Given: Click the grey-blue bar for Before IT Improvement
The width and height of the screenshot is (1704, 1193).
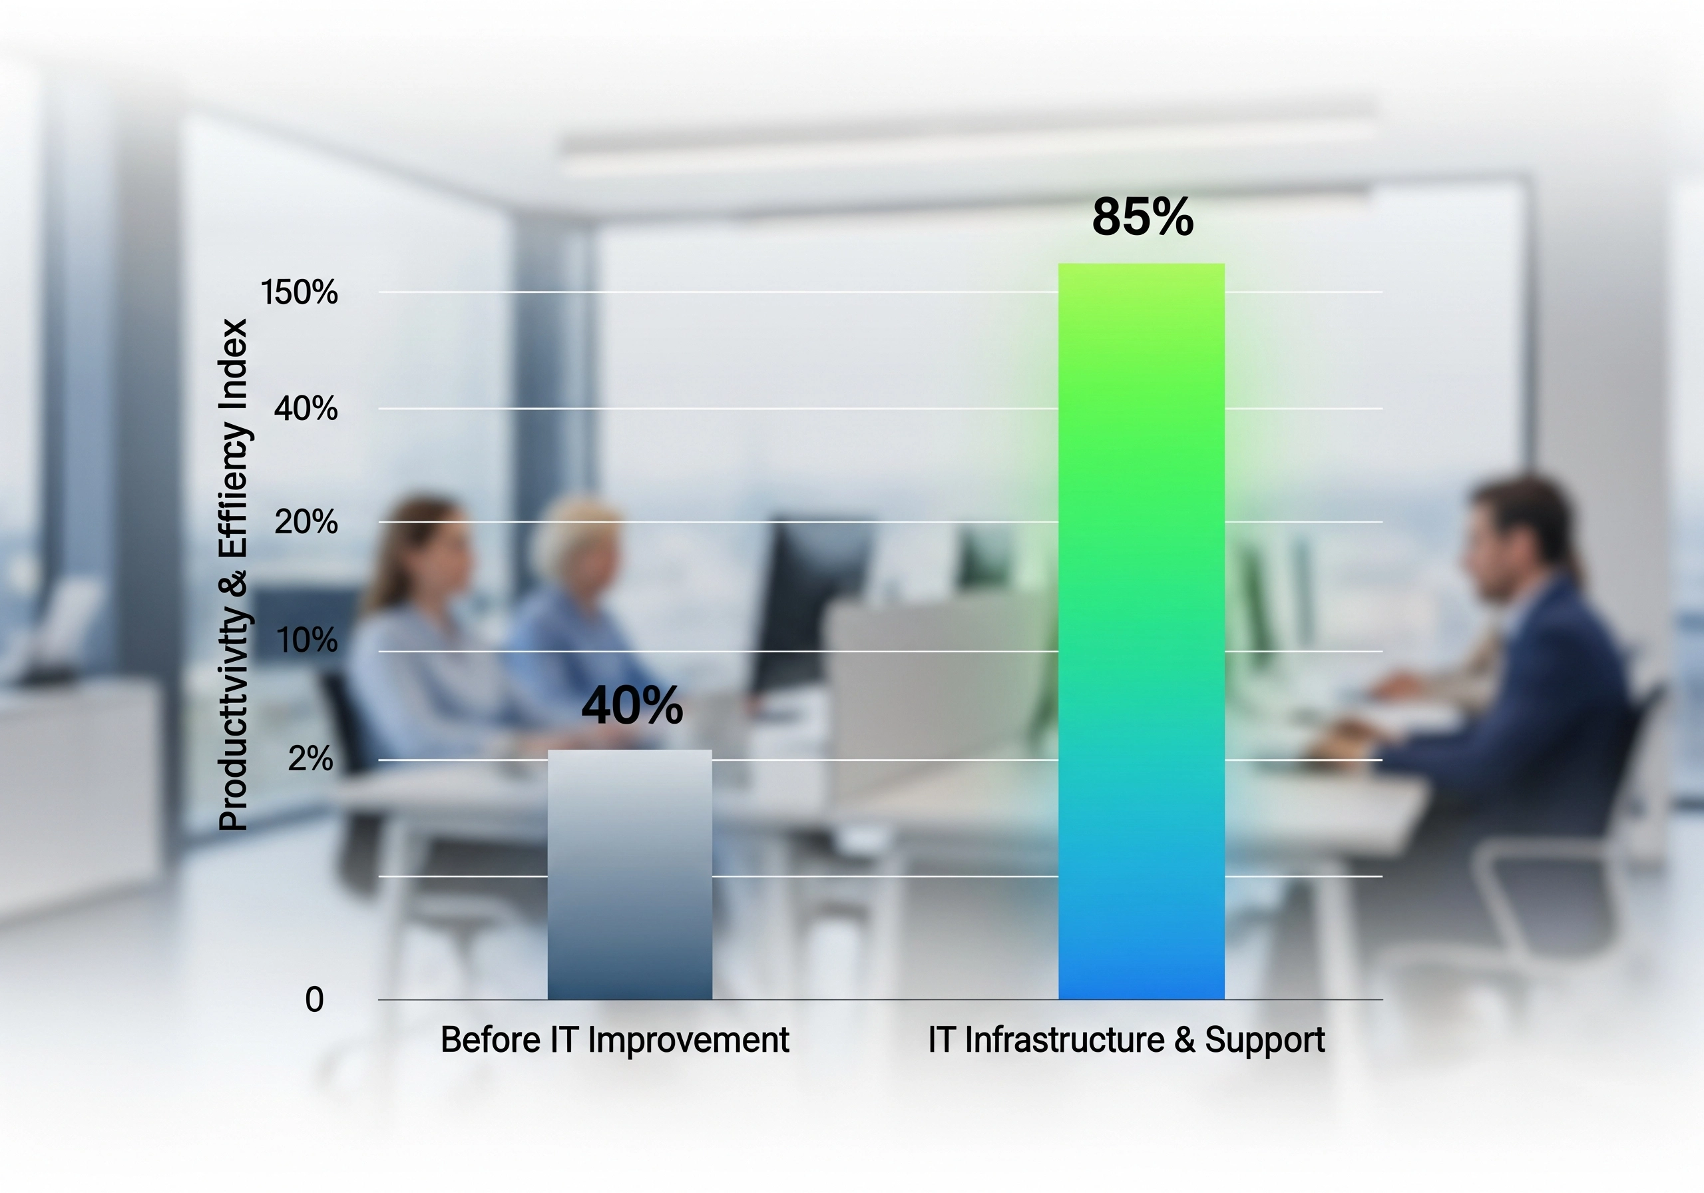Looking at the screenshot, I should click(x=630, y=876).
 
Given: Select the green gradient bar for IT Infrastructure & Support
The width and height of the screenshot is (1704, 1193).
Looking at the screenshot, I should click(x=1141, y=631).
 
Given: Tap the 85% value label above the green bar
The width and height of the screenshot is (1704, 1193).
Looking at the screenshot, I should click(x=1142, y=218).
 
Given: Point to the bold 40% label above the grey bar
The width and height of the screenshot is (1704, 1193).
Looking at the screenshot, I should click(x=632, y=705).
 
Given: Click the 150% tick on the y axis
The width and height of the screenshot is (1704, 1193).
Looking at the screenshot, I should click(x=299, y=292).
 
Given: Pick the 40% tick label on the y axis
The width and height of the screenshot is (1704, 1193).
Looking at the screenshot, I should click(x=306, y=409).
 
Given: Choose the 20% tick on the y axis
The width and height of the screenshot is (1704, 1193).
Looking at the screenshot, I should click(x=306, y=523).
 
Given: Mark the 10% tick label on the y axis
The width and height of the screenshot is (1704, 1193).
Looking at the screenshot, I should click(x=306, y=640).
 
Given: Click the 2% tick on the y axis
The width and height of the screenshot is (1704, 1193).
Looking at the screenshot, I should click(x=310, y=759).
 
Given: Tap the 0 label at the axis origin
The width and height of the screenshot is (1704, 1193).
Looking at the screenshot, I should click(x=314, y=1000).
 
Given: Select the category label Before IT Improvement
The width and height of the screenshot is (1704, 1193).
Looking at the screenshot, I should click(x=614, y=1040).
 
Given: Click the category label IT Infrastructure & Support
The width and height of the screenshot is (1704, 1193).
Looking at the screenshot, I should click(x=1126, y=1040).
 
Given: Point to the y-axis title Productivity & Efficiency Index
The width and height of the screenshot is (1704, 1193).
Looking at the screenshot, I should click(x=233, y=575).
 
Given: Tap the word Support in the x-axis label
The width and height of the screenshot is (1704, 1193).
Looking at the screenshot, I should click(x=1265, y=1040).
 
